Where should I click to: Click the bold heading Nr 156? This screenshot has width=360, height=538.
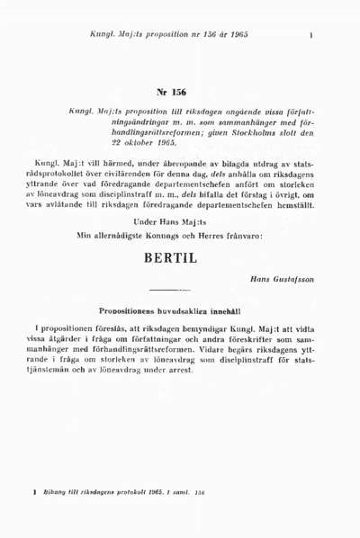[170, 93]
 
